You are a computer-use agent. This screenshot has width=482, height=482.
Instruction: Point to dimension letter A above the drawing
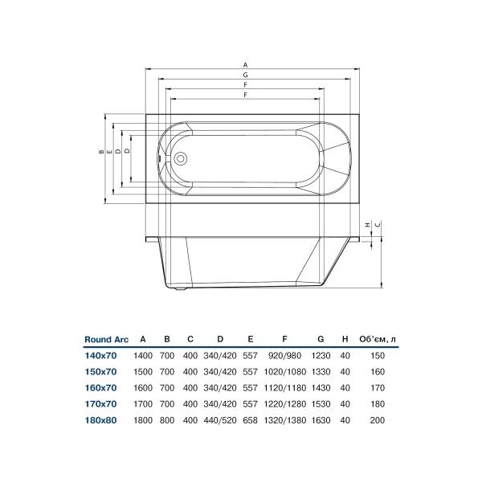point(245,64)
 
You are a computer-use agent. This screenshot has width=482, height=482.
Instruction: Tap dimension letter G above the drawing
point(245,75)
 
